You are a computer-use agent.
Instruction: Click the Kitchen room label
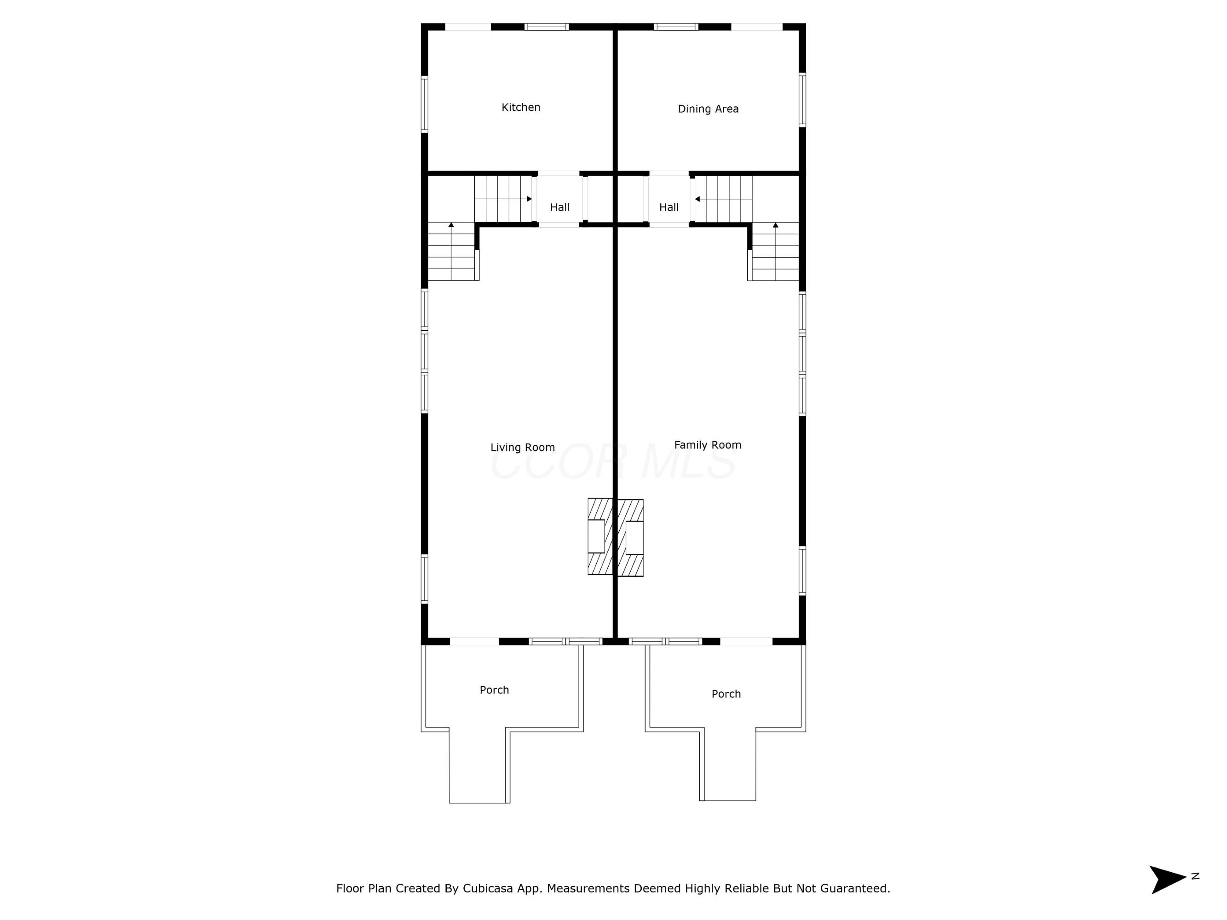(x=521, y=108)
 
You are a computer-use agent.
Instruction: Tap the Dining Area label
(x=709, y=109)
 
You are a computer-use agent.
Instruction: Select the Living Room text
(x=523, y=448)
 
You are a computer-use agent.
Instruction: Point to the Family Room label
(x=708, y=445)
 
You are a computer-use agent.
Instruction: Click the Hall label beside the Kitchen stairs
(x=560, y=207)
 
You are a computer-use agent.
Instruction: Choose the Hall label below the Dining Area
(x=669, y=207)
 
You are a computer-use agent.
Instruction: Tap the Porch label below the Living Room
(x=494, y=690)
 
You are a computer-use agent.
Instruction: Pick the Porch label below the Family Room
(x=726, y=694)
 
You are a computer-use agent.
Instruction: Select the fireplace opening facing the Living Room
(x=596, y=536)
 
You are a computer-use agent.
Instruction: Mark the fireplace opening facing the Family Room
(x=634, y=538)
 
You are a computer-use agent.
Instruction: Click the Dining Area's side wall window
(x=802, y=100)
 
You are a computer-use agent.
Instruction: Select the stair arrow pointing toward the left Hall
(x=503, y=199)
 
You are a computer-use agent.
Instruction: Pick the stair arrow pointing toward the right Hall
(x=723, y=199)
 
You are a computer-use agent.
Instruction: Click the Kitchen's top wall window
(x=547, y=27)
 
